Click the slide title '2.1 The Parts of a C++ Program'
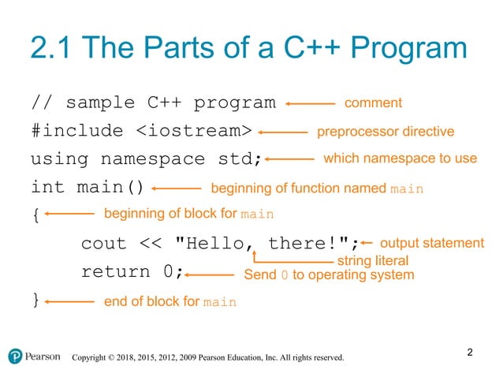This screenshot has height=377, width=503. [248, 50]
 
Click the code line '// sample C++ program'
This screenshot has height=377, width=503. [153, 103]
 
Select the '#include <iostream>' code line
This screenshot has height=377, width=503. [141, 131]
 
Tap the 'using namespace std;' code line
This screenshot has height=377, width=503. [146, 159]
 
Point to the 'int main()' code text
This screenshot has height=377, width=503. [88, 188]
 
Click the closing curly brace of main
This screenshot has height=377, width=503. [34, 300]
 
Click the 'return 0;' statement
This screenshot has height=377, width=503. [132, 272]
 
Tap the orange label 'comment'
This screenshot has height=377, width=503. [374, 103]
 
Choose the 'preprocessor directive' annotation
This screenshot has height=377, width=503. [385, 131]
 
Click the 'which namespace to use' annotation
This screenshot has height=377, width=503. [400, 159]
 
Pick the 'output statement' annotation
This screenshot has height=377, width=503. [432, 243]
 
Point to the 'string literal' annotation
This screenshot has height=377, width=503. [372, 260]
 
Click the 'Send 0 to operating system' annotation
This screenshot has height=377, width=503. [329, 275]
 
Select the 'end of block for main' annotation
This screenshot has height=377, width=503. [170, 301]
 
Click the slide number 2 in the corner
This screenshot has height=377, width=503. [470, 352]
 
